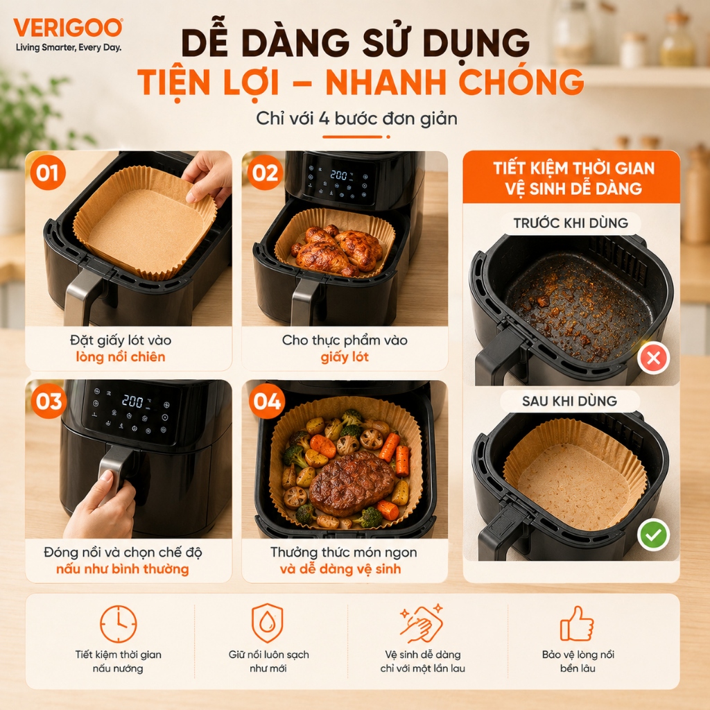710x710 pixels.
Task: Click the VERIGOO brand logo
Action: (x=68, y=28)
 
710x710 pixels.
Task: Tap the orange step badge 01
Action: (x=48, y=173)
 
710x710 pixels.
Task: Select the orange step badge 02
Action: (x=266, y=173)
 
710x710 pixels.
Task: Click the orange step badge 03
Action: (x=49, y=401)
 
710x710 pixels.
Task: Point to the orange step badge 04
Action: (x=267, y=401)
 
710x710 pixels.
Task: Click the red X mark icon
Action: (x=653, y=358)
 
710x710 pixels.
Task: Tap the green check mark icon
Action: (x=653, y=535)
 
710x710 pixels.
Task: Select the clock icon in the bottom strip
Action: (x=118, y=624)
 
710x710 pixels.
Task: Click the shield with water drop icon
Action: (x=268, y=623)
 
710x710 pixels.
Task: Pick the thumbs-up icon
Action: (x=577, y=624)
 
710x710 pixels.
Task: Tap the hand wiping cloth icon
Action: (x=421, y=623)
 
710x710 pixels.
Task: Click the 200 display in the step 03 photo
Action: (x=133, y=401)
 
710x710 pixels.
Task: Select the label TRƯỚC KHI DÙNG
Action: (x=571, y=223)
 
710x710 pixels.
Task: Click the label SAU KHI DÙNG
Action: (x=570, y=401)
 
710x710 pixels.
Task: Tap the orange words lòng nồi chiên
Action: (x=121, y=357)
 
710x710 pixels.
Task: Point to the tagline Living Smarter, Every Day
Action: (x=69, y=48)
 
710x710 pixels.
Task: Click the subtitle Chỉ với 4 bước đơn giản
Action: (x=356, y=119)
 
